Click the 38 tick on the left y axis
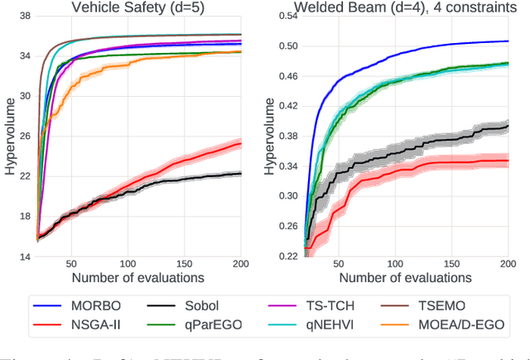tap(24, 16)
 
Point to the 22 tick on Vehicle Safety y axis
tap(24, 176)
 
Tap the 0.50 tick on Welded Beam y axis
tap(286, 46)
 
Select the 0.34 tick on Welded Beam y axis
tap(286, 166)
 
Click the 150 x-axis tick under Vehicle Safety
tap(183, 266)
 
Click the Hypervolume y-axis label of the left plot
tap(9, 137)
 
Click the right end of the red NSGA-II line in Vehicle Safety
tap(240, 144)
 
